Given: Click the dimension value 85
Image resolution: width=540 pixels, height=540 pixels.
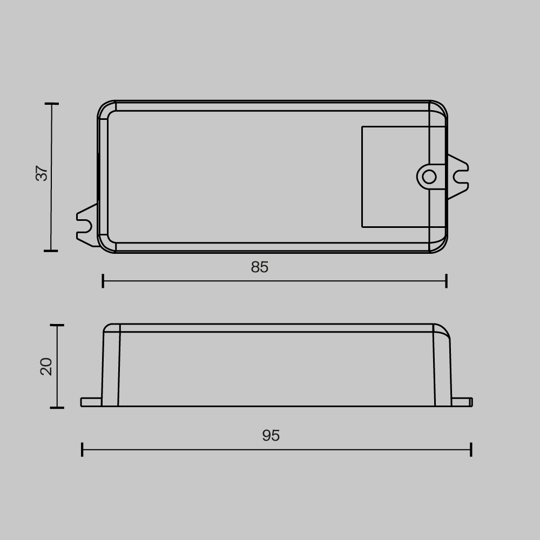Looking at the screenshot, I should [x=260, y=267].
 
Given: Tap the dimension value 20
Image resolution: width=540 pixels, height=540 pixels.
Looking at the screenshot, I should [x=46, y=366].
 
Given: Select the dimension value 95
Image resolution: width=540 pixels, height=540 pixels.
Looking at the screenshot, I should [x=271, y=436].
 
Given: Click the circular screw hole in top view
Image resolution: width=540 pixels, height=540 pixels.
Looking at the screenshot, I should [x=429, y=177].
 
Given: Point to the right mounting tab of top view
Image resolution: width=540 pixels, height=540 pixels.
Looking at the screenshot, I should [x=457, y=177].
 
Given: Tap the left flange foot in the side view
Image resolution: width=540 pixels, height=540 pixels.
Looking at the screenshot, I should [x=91, y=402].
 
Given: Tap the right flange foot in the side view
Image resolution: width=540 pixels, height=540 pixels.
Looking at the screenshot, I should [x=462, y=402].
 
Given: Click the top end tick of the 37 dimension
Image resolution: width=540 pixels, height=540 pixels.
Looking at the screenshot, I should [x=51, y=103].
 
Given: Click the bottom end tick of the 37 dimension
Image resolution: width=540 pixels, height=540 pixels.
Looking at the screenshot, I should [x=51, y=251].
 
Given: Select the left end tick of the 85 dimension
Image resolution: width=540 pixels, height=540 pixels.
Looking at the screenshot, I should [x=103, y=281].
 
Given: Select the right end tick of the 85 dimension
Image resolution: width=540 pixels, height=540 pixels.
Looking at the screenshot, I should [x=446, y=281].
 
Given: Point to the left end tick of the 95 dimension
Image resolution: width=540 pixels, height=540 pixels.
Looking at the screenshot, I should [x=82, y=449].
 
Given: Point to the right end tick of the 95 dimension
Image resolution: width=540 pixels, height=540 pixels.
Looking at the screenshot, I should [x=471, y=449].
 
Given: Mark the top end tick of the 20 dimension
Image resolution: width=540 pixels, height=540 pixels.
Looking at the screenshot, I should [x=57, y=325].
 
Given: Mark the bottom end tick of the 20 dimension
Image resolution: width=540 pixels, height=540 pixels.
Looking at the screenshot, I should [x=57, y=408].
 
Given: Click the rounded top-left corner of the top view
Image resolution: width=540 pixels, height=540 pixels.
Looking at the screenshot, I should [x=104, y=107].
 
